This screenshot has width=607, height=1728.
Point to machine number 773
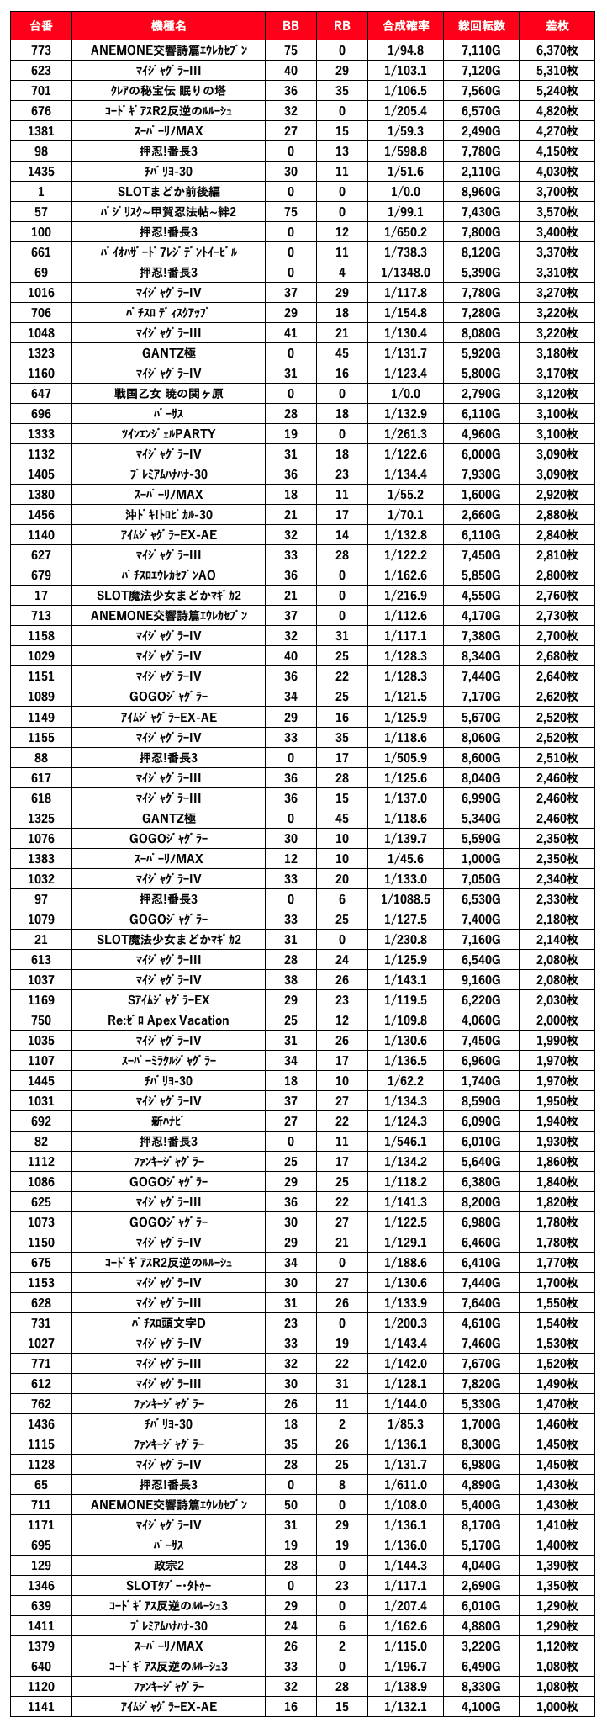pos(40,50)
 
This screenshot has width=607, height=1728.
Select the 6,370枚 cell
pos(557,50)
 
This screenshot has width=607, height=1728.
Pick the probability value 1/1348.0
pos(405,273)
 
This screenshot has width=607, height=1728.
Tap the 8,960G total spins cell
pos(481,192)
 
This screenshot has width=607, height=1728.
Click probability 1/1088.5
pos(405,899)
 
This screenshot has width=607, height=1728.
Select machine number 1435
pos(40,172)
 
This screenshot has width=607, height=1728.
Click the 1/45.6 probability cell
pos(405,859)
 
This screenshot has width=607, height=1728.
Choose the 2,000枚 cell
pos(557,1020)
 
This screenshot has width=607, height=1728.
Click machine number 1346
pos(40,1606)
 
